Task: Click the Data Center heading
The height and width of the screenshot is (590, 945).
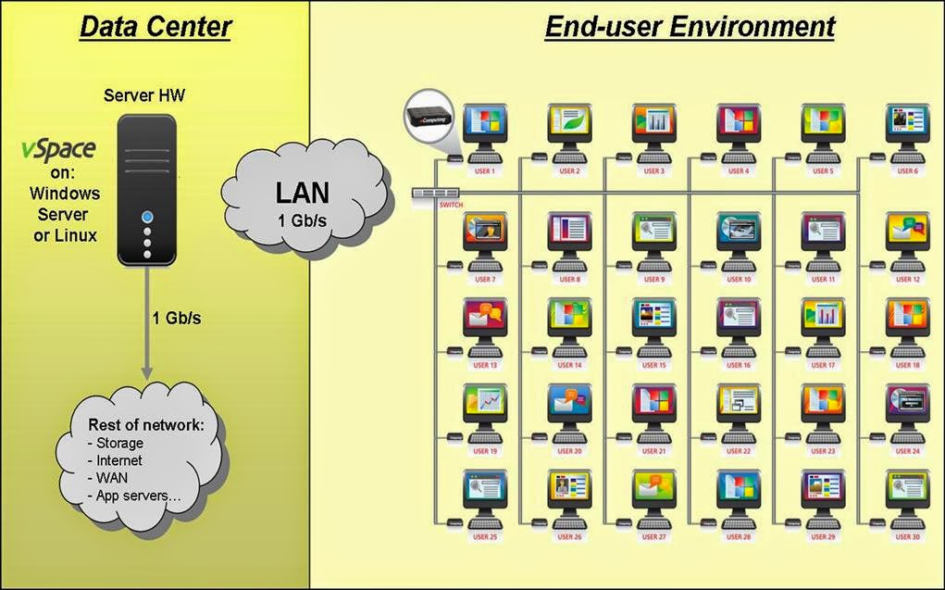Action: [x=155, y=27]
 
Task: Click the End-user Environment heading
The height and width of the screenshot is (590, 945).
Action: [x=690, y=27]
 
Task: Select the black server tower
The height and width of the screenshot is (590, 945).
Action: [x=147, y=191]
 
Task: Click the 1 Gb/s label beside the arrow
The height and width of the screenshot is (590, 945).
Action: [x=177, y=319]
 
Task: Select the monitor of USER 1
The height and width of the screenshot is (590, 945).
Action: [x=485, y=123]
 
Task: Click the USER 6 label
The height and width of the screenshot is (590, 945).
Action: [x=907, y=171]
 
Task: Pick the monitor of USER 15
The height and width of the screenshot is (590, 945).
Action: [x=654, y=317]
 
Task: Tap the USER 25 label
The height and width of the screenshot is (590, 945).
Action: [x=485, y=536]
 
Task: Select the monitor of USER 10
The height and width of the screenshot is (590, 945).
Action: [x=739, y=231]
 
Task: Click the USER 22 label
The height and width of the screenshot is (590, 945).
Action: [x=739, y=451]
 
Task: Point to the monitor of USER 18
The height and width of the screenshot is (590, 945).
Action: [x=907, y=317]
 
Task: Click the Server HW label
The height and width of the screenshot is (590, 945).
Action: [x=146, y=95]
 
